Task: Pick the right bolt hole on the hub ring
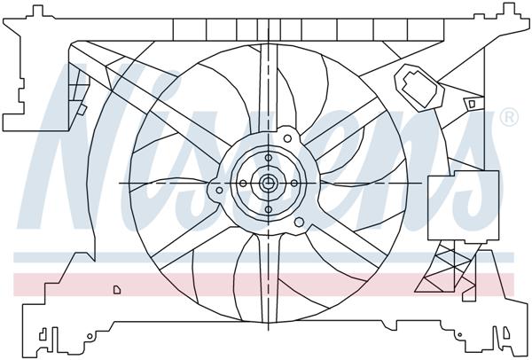[x=293, y=184]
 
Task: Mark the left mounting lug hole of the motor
[x=220, y=189]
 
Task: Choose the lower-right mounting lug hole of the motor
[x=299, y=222]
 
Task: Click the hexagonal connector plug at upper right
[x=418, y=84]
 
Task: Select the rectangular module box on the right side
[x=452, y=205]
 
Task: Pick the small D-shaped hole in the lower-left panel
[x=116, y=288]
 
